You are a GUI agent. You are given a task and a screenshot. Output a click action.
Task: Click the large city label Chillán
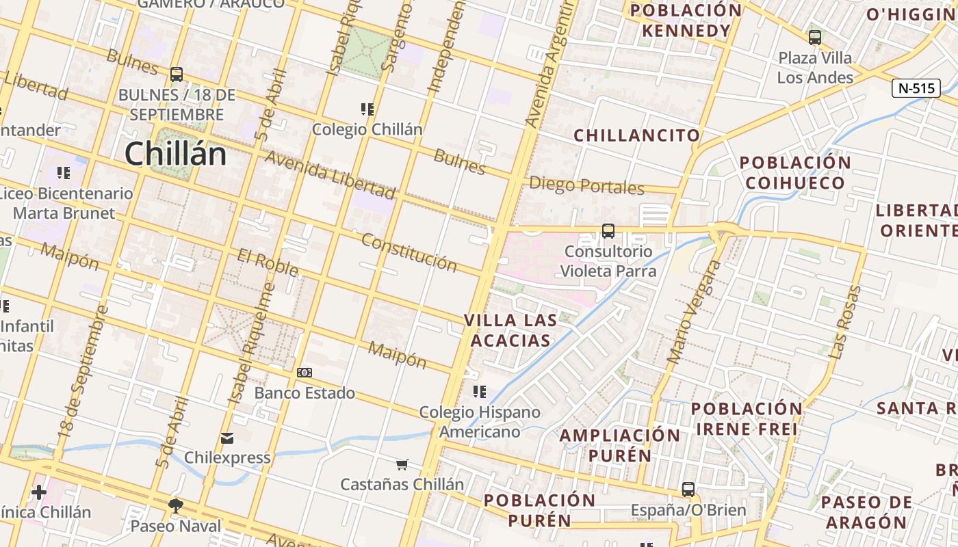coord(175,153)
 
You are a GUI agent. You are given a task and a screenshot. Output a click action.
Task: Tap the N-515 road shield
coord(916,88)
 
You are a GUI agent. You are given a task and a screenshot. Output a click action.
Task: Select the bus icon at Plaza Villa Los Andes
coord(814,38)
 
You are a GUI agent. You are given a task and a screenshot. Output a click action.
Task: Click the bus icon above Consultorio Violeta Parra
coord(608,231)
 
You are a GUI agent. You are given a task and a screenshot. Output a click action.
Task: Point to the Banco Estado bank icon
coord(305,373)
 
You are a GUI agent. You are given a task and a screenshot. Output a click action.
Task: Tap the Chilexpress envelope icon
coord(227,438)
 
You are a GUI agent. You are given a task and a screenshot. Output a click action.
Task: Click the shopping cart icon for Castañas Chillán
coord(402,464)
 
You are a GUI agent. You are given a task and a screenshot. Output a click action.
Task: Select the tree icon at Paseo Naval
coord(176,506)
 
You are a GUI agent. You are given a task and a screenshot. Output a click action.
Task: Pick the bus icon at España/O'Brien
coord(688,490)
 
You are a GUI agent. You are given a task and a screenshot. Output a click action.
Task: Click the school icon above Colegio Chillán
coord(367,109)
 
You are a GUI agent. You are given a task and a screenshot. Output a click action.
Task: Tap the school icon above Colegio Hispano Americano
coord(480,392)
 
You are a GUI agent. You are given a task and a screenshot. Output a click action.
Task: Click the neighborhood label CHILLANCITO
coord(636,135)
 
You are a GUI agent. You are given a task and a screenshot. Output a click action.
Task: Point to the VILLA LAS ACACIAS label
coord(507,330)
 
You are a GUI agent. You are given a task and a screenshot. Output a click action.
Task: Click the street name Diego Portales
coord(586,185)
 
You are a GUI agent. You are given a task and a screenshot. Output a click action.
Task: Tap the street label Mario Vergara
coord(694,312)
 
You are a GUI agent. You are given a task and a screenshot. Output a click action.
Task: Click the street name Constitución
coord(409,252)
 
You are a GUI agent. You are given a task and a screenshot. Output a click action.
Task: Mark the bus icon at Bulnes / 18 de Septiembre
coord(176,74)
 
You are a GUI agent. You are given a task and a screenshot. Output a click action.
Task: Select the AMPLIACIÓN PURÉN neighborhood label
coord(620,445)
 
